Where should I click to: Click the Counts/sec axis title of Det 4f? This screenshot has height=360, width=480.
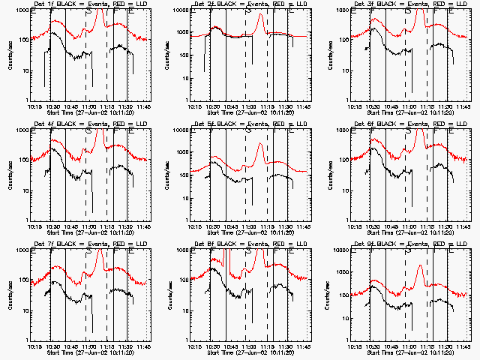(x=10, y=175)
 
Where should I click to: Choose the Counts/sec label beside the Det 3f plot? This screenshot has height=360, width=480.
(x=331, y=55)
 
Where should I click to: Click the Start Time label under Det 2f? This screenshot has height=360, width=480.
(x=247, y=112)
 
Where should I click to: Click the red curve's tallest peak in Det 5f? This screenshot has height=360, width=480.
(x=260, y=143)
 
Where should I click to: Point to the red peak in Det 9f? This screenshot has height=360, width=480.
(x=420, y=265)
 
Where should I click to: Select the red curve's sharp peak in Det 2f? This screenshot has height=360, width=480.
(x=259, y=16)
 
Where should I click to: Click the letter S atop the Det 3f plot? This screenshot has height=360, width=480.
(x=408, y=11)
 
